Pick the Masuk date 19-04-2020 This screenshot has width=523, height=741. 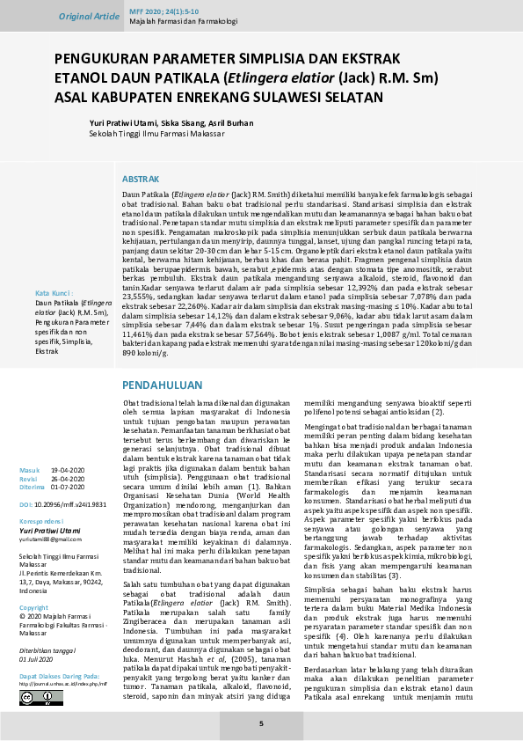(x=68, y=471)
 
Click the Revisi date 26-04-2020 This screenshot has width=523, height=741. (x=68, y=479)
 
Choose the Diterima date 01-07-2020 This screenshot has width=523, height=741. (x=68, y=487)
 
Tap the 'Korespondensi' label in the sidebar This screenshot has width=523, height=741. (x=43, y=522)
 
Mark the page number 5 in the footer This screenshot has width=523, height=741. (x=261, y=723)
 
